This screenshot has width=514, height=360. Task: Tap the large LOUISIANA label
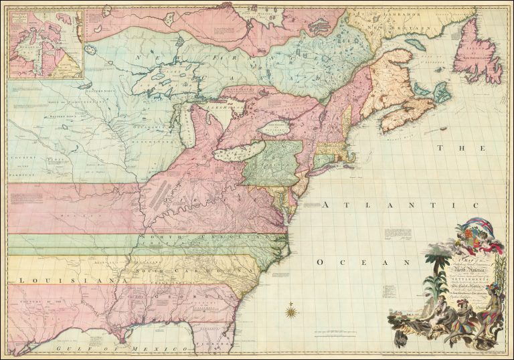56,280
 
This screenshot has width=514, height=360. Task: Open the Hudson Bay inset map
44,43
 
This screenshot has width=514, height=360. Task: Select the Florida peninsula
214,334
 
